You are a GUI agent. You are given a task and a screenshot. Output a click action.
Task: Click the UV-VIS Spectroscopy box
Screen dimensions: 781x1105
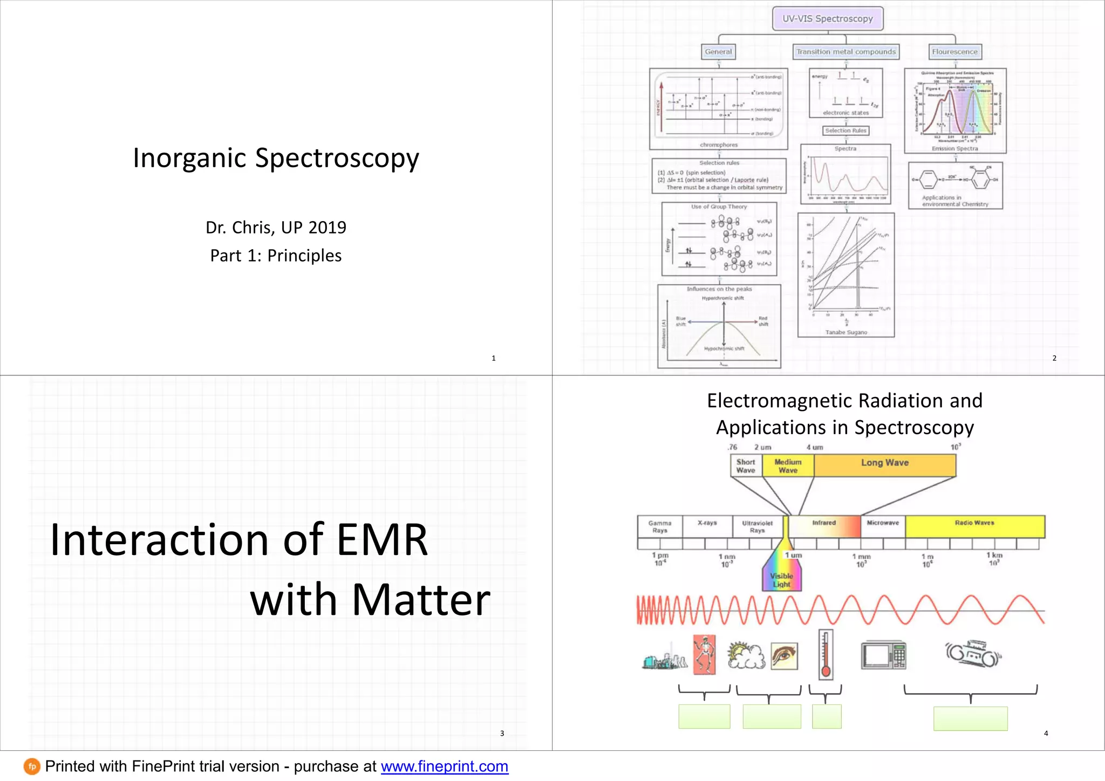[828, 19]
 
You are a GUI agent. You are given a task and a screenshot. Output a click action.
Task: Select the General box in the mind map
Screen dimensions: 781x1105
[718, 52]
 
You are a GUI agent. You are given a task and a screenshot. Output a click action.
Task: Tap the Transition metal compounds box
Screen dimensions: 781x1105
[845, 52]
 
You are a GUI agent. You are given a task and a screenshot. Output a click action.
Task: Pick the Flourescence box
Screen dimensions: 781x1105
[954, 52]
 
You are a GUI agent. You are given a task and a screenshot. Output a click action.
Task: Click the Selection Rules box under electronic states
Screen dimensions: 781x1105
[845, 131]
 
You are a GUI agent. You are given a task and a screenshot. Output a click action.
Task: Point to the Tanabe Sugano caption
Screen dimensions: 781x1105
[846, 332]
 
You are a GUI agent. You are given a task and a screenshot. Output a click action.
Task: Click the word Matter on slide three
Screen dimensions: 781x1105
[421, 600]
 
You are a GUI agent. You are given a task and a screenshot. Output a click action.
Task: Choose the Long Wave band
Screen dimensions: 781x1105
[885, 463]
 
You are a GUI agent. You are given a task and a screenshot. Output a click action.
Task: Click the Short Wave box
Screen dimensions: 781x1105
[746, 466]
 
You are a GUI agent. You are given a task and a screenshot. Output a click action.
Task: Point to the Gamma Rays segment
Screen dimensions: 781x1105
[659, 526]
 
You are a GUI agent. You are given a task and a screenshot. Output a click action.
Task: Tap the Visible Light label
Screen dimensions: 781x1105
[781, 580]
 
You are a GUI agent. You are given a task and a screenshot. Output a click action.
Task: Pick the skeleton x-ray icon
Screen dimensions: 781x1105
[704, 654]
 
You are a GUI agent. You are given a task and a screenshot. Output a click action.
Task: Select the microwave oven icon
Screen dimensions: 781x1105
[883, 655]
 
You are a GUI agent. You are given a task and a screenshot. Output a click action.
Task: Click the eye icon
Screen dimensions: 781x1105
[784, 656]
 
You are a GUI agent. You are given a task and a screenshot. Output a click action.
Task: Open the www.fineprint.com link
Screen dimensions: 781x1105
[445, 766]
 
